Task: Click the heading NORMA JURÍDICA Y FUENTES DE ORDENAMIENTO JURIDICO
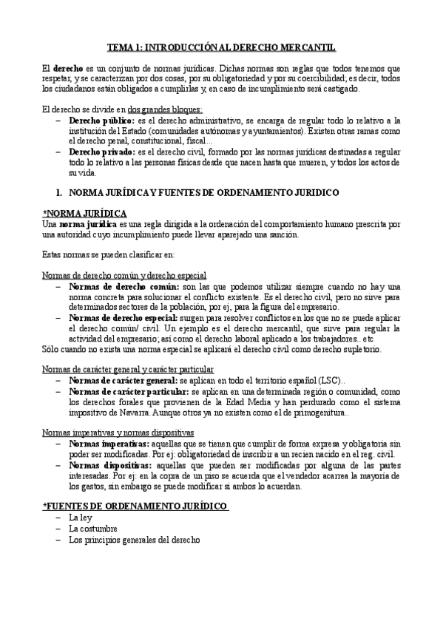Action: point(203,192)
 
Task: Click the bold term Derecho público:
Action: point(101,120)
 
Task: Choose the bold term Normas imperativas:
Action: point(107,443)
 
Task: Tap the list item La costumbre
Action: point(93,529)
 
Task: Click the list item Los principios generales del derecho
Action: point(134,540)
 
